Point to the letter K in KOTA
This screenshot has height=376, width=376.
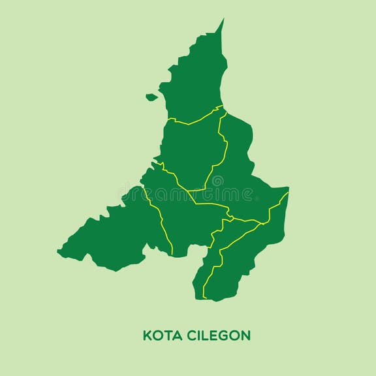pos(147,336)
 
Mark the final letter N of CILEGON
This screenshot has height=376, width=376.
pos(245,336)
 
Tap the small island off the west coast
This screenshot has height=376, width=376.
pos(151,97)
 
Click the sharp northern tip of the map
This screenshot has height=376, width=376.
pos(223,20)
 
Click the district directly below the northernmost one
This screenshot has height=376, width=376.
pos(191,153)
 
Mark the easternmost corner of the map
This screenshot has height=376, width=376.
pos(288,190)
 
